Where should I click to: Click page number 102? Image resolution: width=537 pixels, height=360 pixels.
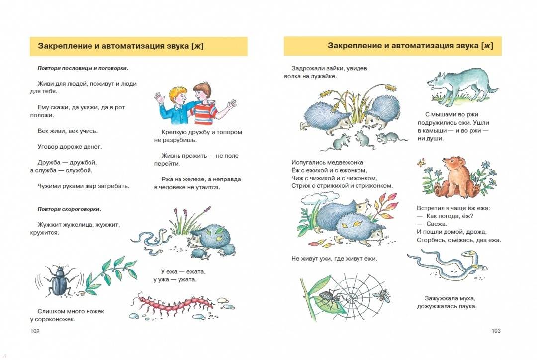pos(35,331)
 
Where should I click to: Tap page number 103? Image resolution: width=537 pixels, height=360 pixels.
pos(496,331)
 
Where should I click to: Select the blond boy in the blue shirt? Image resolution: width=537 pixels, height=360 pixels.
pos(174,104)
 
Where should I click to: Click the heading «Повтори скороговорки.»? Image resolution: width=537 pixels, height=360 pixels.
pos(69,209)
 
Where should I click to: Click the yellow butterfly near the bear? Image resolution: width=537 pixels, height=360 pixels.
pos(421,163)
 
